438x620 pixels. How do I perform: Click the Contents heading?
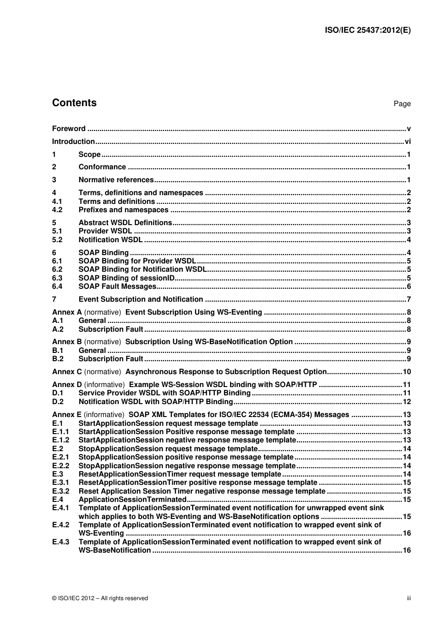(74, 103)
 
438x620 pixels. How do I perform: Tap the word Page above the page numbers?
(402, 104)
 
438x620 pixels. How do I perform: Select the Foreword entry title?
(69, 129)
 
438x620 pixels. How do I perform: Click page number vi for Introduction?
(408, 142)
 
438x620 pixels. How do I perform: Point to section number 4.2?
(57, 210)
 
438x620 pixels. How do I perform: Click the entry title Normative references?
(116, 180)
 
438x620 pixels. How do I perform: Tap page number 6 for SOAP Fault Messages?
(408, 286)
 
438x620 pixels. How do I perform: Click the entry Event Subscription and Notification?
(141, 299)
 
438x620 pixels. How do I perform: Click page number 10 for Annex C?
(406, 372)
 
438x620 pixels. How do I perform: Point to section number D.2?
(57, 402)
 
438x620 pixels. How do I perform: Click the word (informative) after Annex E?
(104, 415)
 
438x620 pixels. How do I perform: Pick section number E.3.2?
(60, 491)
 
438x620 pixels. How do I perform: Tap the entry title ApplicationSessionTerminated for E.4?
(132, 500)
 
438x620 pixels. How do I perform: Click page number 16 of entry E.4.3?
(406, 550)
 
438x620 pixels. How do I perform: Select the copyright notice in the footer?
(100, 598)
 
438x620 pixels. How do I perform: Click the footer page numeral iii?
(408, 598)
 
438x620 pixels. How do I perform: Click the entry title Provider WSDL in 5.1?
(105, 231)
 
